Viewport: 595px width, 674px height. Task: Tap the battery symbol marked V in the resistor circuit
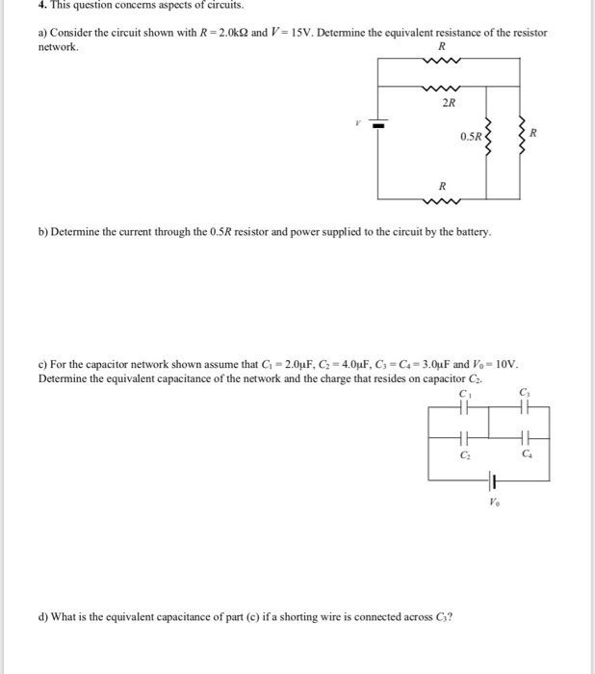(377, 125)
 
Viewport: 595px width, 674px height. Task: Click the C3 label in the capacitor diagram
(524, 391)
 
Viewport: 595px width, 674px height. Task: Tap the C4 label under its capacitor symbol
(527, 452)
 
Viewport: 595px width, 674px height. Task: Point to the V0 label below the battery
(493, 501)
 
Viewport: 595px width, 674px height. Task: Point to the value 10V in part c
(504, 365)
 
